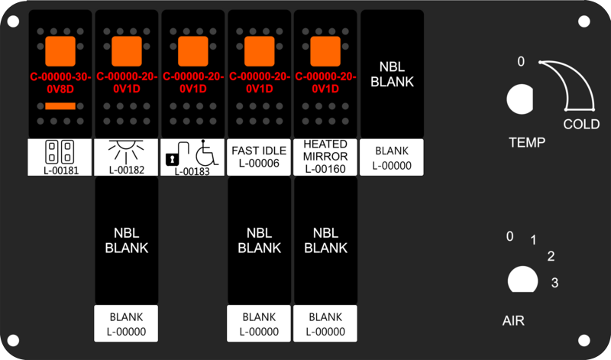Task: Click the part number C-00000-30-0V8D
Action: pos(60,83)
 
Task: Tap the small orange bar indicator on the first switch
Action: pos(60,106)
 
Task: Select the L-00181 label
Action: pos(60,157)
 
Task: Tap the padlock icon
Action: pos(177,154)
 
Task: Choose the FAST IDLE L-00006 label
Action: pos(259,157)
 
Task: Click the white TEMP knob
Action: pos(520,99)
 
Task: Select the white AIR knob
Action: pos(523,279)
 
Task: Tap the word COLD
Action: pos(581,125)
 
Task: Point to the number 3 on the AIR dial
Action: pos(555,282)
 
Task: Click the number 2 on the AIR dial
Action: pos(551,256)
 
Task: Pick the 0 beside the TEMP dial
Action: pos(521,62)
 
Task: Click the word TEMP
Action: pos(527,142)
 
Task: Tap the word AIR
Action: pos(513,320)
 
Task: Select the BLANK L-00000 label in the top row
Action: pos(392,157)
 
